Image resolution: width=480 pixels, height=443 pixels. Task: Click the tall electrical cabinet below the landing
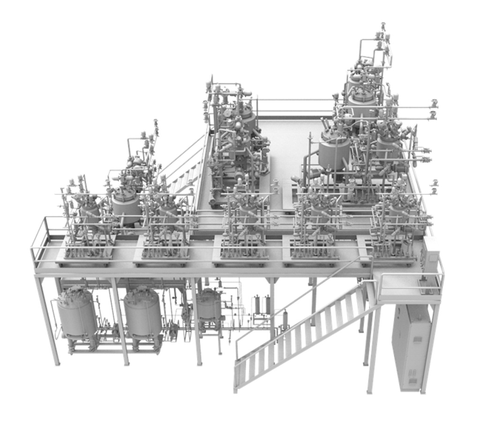411,346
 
